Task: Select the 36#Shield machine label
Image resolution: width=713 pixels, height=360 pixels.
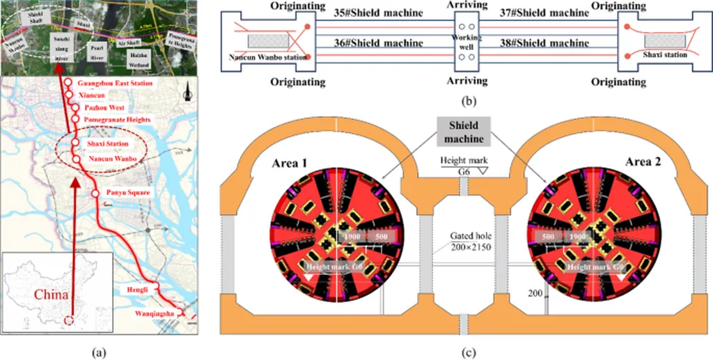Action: click(378, 43)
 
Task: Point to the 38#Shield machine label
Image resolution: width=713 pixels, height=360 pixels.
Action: click(544, 43)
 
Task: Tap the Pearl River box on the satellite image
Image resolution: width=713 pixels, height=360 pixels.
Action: click(97, 52)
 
